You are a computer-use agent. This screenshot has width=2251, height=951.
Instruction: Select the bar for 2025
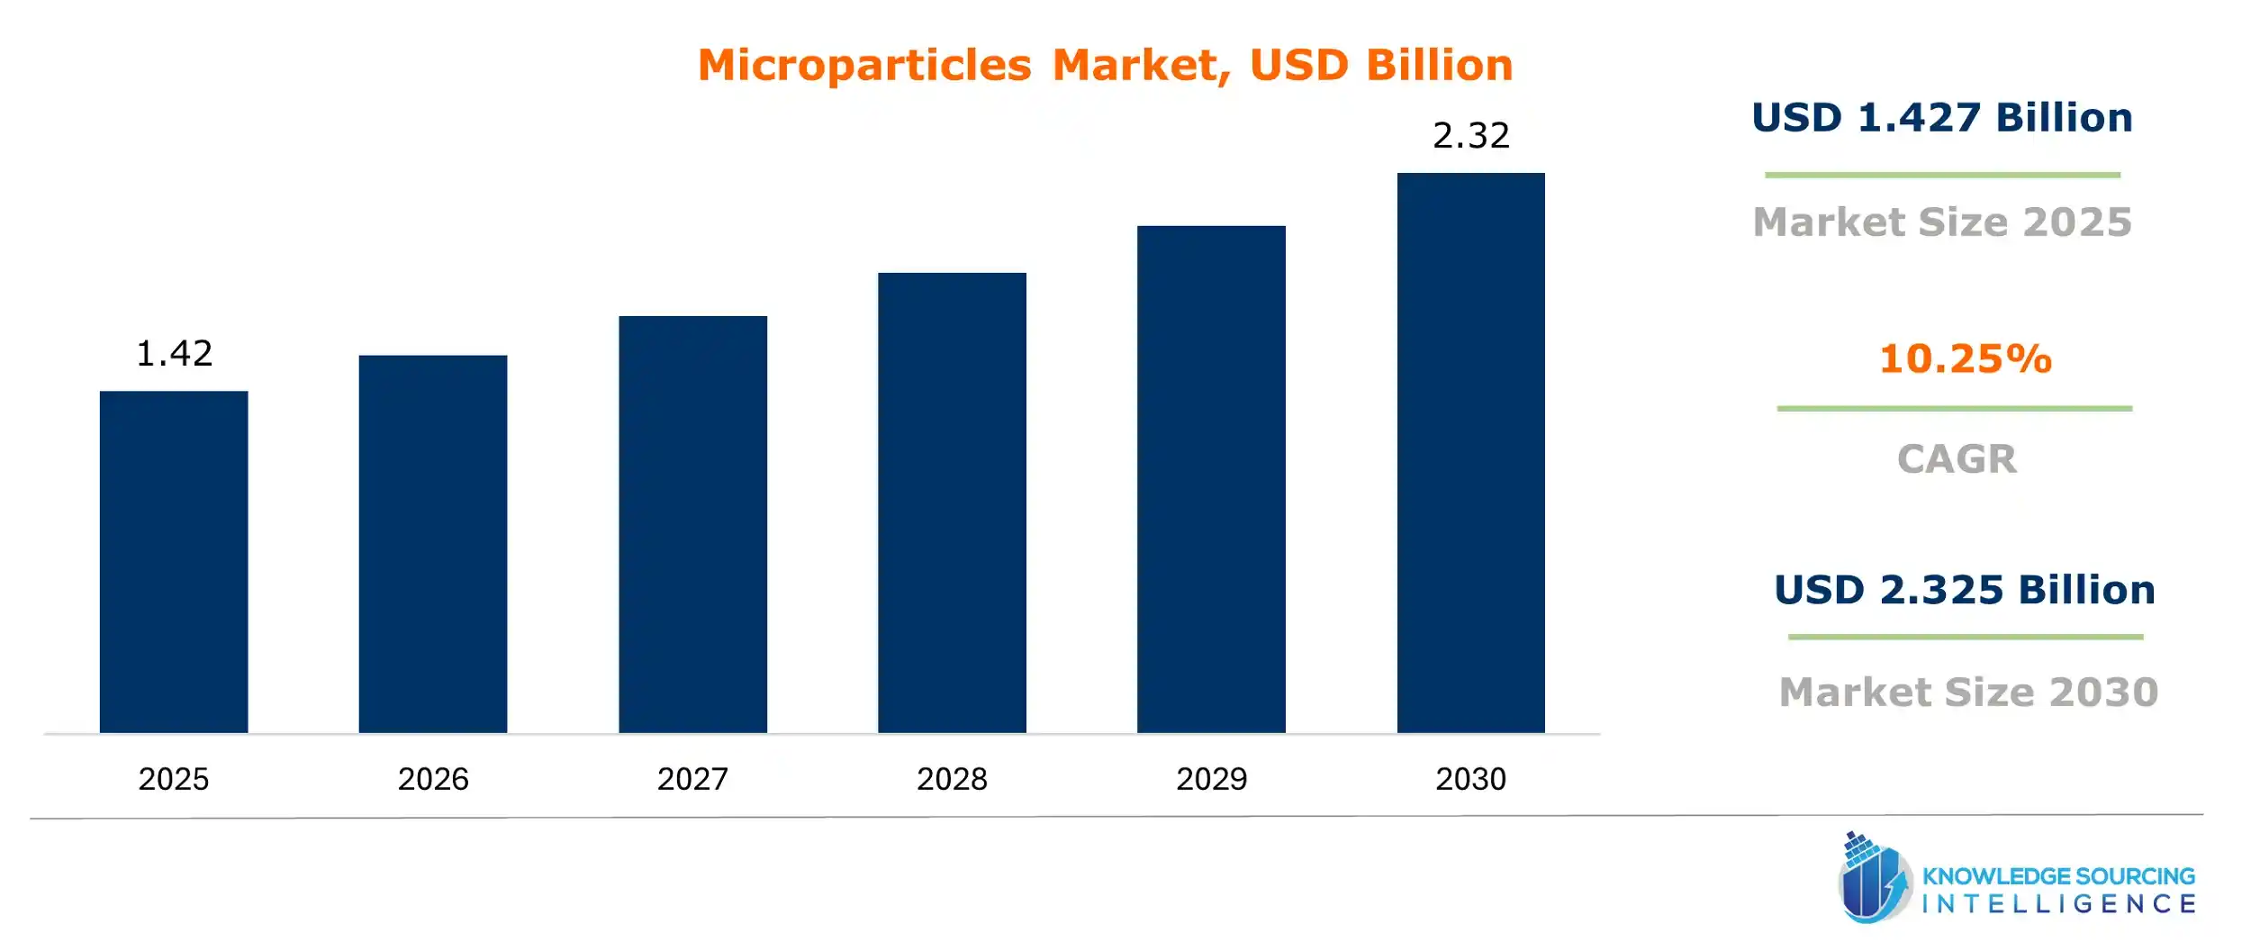click(x=174, y=561)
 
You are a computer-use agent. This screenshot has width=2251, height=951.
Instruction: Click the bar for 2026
click(x=433, y=543)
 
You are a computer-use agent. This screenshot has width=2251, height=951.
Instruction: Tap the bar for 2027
click(x=692, y=523)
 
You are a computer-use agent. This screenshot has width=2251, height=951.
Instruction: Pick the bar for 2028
click(x=952, y=502)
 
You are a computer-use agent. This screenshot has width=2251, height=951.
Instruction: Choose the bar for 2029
click(x=1211, y=478)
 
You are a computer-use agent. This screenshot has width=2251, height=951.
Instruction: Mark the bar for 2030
click(x=1470, y=452)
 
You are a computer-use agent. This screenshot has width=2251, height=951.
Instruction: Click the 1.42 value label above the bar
click(x=174, y=353)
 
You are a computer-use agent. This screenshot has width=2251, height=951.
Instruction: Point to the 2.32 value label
click(x=1470, y=135)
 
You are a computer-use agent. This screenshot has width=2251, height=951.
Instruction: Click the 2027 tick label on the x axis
click(x=692, y=778)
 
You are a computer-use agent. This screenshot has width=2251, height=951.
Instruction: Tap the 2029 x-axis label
click(x=1211, y=778)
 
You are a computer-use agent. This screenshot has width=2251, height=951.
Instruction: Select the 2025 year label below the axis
click(x=174, y=778)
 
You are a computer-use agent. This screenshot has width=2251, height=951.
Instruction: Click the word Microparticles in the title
click(x=864, y=66)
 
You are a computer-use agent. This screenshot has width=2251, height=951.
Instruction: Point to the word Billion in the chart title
click(x=1439, y=66)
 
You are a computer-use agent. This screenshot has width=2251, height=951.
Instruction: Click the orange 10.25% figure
click(x=1965, y=358)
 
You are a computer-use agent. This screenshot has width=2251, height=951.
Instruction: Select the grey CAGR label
click(x=1957, y=458)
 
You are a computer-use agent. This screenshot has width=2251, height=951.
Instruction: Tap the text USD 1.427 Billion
click(x=1942, y=118)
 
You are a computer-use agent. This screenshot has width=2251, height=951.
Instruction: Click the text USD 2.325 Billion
click(x=1965, y=590)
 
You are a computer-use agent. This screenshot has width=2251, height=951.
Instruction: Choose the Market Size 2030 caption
click(x=1968, y=692)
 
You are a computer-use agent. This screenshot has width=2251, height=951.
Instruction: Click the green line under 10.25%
click(x=1954, y=408)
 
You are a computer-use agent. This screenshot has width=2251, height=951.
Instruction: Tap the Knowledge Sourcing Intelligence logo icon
click(x=1875, y=879)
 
